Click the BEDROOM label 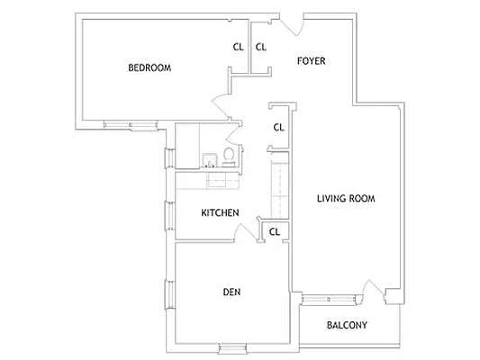point(149,68)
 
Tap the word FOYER point(311,61)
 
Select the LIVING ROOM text point(346,198)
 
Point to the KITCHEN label point(220,213)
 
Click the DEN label point(231,292)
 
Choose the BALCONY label point(347,326)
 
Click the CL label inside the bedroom point(238,48)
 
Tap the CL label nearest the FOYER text point(260,48)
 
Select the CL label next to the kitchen point(275,231)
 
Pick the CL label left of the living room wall point(277,128)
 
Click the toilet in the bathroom point(229,159)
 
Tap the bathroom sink point(209,161)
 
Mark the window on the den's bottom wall point(232,346)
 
